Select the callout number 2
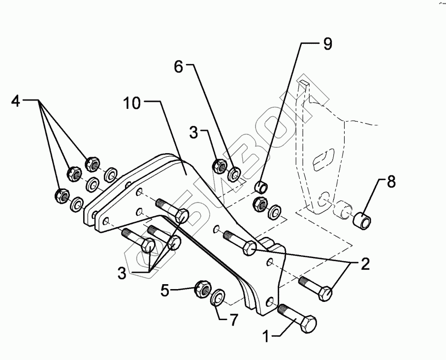[x=365, y=265]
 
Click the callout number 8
[x=391, y=182]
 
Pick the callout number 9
[x=327, y=44]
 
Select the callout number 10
[x=132, y=104]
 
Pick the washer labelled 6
[x=235, y=173]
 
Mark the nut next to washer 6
[x=219, y=166]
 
